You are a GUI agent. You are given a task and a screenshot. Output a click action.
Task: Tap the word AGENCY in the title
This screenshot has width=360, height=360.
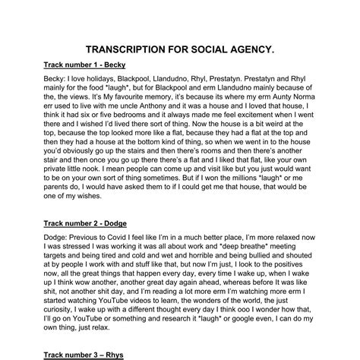tap(251, 49)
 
